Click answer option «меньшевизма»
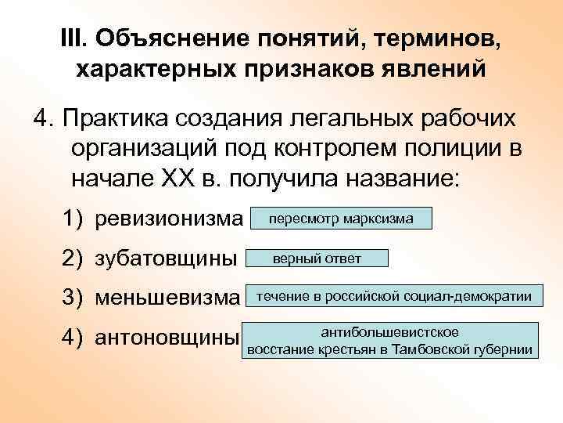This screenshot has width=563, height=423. click(x=166, y=298)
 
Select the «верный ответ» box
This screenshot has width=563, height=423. click(x=317, y=258)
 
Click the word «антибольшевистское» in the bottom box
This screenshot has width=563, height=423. click(x=390, y=331)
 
